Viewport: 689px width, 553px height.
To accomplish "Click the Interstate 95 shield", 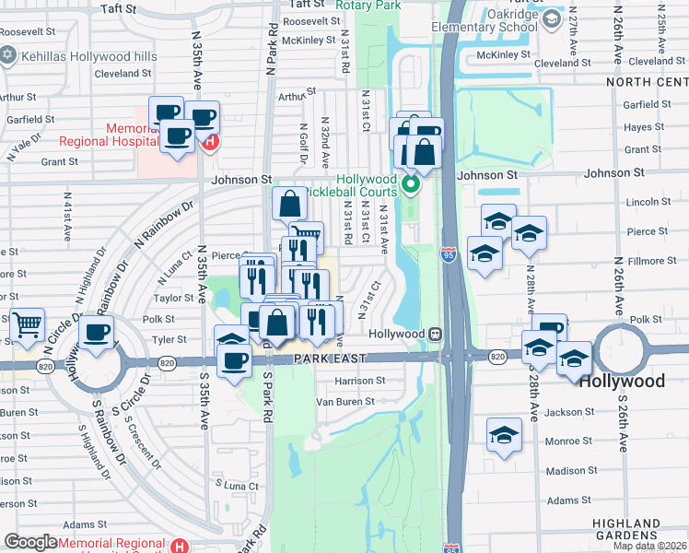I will (449, 255).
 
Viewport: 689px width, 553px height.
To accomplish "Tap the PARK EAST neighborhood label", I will (330, 358).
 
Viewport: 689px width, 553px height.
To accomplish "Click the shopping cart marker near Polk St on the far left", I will (28, 324).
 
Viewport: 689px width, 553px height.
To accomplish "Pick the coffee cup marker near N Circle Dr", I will (96, 334).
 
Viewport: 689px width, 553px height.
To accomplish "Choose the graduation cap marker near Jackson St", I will (504, 436).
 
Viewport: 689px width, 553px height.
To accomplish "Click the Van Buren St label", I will (345, 402).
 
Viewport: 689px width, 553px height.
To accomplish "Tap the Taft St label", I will (118, 8).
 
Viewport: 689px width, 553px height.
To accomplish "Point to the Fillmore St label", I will (652, 261).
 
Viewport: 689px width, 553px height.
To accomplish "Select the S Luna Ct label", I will (237, 484).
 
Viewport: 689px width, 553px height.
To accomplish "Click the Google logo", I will (31, 542).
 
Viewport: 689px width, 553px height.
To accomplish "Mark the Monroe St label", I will (567, 441).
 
